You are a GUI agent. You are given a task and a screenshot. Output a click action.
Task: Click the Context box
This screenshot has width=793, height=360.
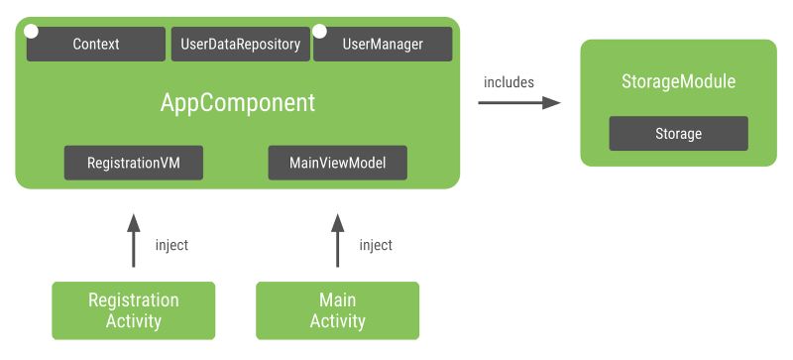pyautogui.click(x=96, y=45)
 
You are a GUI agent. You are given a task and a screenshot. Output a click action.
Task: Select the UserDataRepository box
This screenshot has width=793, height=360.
pyautogui.click(x=240, y=45)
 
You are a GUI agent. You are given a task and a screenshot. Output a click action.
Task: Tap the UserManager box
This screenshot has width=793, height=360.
pyautogui.click(x=383, y=45)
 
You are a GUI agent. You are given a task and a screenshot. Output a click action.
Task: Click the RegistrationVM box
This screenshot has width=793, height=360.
pyautogui.click(x=134, y=163)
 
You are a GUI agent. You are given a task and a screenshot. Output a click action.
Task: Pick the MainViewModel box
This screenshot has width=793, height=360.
pyautogui.click(x=337, y=163)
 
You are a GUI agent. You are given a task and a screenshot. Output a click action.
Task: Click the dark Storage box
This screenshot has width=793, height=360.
pyautogui.click(x=678, y=134)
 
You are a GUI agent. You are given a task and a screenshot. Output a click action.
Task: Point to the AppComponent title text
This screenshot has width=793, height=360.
pyautogui.click(x=238, y=102)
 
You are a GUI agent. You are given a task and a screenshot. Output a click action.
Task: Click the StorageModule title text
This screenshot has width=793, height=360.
pyautogui.click(x=678, y=82)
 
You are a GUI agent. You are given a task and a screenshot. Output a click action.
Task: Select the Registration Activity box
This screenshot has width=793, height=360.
pyautogui.click(x=134, y=310)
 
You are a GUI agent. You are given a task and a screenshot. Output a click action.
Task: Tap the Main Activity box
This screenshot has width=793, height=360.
pyautogui.click(x=337, y=310)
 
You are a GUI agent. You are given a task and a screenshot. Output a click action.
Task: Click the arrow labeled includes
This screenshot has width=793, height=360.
pyautogui.click(x=518, y=103)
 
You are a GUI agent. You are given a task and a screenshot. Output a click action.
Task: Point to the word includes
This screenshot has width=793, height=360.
pyautogui.click(x=509, y=82)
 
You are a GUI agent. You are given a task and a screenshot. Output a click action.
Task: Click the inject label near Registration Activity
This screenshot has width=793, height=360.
pyautogui.click(x=172, y=245)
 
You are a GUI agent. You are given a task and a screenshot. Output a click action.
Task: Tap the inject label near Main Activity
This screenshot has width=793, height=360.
pyautogui.click(x=376, y=245)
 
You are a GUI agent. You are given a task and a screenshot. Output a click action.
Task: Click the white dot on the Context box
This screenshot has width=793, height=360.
pyautogui.click(x=32, y=32)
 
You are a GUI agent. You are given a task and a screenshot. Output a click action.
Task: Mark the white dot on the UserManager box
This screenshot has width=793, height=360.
pyautogui.click(x=319, y=32)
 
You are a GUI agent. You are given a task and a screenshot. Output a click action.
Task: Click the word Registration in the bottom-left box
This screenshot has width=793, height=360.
pyautogui.click(x=134, y=300)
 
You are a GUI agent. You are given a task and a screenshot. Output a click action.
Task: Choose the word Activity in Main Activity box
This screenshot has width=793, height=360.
pyautogui.click(x=337, y=321)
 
